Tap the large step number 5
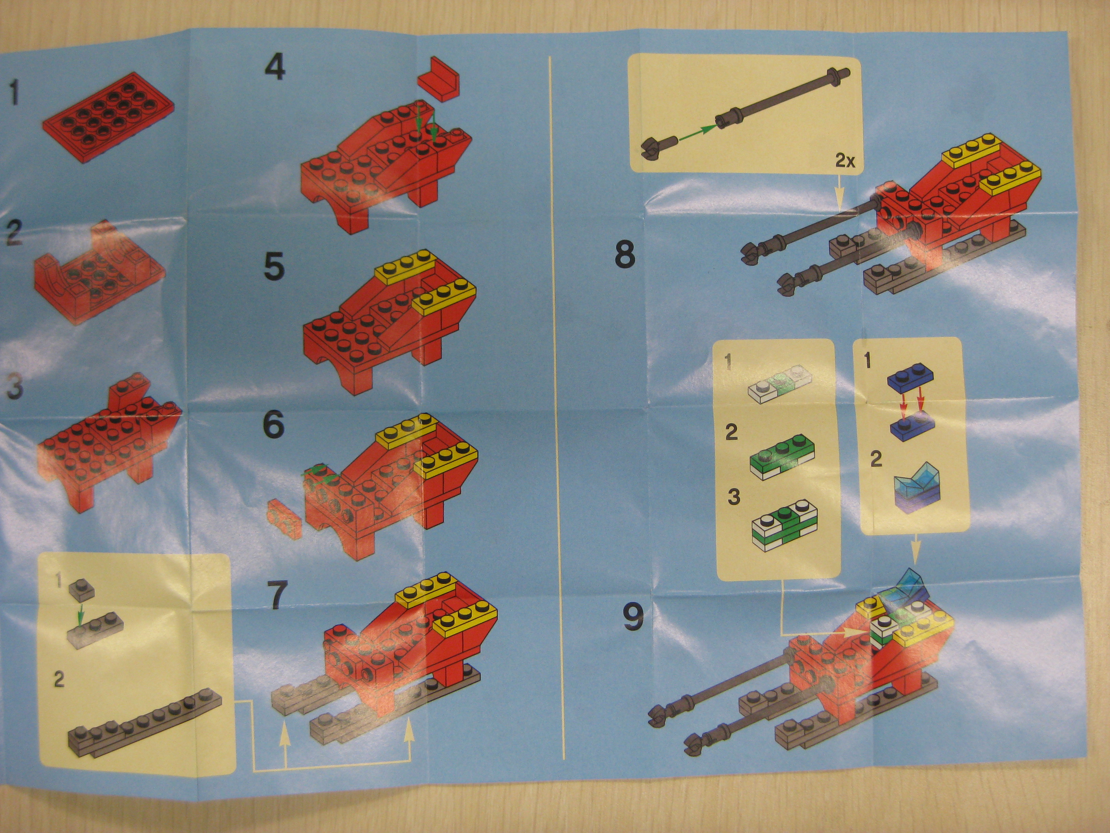click(274, 266)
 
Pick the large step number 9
click(633, 617)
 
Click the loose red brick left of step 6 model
click(284, 518)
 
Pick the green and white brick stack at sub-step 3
click(784, 526)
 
